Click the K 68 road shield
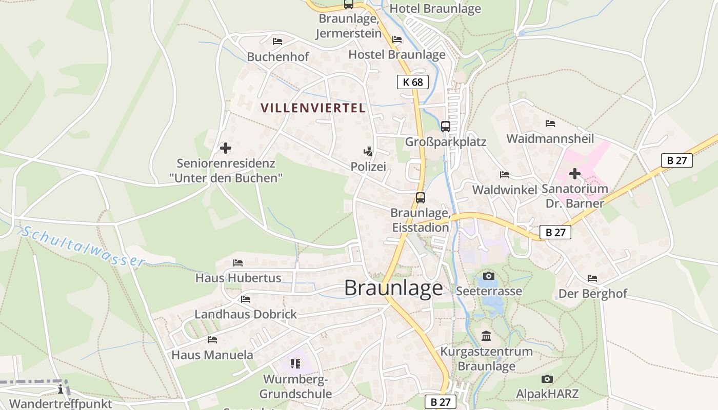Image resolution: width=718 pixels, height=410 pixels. pyautogui.click(x=412, y=82)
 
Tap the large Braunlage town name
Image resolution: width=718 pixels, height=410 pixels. pyautogui.click(x=393, y=288)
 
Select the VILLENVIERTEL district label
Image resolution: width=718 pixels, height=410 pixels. pyautogui.click(x=313, y=108)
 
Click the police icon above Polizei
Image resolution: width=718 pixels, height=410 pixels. pyautogui.click(x=368, y=151)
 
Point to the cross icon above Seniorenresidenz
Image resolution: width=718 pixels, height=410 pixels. pyautogui.click(x=225, y=149)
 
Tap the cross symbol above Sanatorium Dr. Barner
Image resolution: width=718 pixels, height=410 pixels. pyautogui.click(x=575, y=174)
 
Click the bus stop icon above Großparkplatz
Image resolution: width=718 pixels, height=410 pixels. pyautogui.click(x=445, y=126)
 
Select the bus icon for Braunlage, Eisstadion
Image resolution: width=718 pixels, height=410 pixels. pyautogui.click(x=421, y=198)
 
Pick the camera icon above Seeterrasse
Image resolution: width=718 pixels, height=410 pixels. pyautogui.click(x=489, y=276)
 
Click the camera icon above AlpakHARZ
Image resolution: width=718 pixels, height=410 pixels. pyautogui.click(x=547, y=379)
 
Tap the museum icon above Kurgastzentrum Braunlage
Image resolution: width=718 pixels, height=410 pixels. pyautogui.click(x=486, y=336)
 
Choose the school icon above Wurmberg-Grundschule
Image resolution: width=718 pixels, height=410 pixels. pyautogui.click(x=295, y=364)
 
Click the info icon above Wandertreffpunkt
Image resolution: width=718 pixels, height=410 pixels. pyautogui.click(x=61, y=389)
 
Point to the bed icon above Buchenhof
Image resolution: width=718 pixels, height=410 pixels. pyautogui.click(x=277, y=42)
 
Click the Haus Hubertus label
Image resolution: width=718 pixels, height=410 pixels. pyautogui.click(x=238, y=278)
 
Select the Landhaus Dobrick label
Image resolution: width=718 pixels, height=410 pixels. pyautogui.click(x=246, y=314)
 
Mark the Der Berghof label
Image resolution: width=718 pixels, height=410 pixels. pyautogui.click(x=592, y=294)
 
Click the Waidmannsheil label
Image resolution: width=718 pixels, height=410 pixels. pyautogui.click(x=550, y=138)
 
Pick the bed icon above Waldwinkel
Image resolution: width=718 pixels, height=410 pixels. pyautogui.click(x=505, y=175)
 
